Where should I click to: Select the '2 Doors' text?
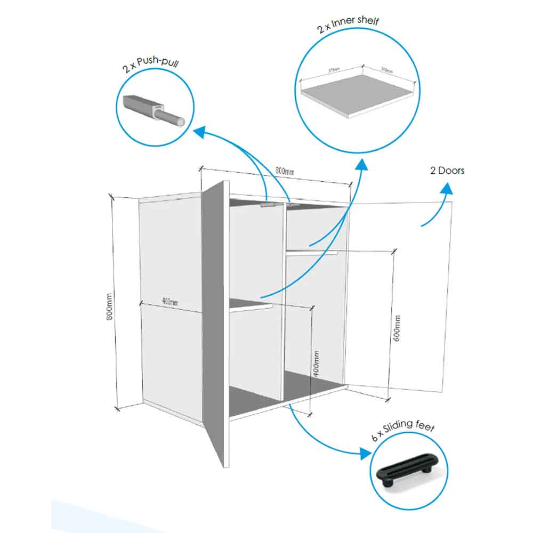click(x=447, y=171)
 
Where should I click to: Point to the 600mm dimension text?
click(x=398, y=328)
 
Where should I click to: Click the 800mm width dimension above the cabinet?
click(x=285, y=172)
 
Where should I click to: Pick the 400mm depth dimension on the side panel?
click(x=169, y=302)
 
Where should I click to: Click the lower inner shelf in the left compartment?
click(x=251, y=304)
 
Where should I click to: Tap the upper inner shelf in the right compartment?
click(x=312, y=253)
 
